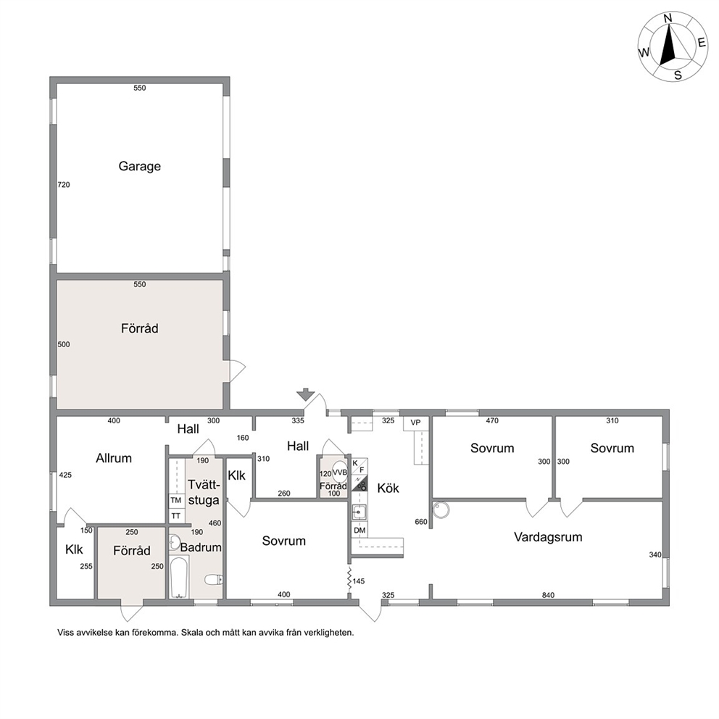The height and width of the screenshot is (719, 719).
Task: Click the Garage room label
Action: tap(139, 166)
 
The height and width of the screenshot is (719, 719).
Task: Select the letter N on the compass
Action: tap(668, 31)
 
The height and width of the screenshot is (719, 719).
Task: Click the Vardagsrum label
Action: tap(548, 537)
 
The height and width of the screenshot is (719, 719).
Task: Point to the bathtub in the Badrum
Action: tap(178, 577)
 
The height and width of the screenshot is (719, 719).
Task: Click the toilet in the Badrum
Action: tap(213, 580)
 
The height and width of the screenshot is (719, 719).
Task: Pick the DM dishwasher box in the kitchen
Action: tap(359, 530)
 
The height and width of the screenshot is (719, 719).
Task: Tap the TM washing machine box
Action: tap(175, 500)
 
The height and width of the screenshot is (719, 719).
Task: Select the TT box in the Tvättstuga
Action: tap(175, 516)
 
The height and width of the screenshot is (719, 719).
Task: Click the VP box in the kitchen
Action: tap(415, 423)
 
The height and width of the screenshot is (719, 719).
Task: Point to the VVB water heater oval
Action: tap(340, 473)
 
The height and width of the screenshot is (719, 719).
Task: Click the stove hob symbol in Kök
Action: tap(359, 483)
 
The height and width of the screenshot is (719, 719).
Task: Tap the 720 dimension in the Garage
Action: tap(64, 185)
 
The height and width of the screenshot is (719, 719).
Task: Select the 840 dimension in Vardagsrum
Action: tap(548, 595)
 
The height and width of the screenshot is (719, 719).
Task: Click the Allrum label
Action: tap(114, 458)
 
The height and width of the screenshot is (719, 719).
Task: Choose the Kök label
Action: tap(388, 489)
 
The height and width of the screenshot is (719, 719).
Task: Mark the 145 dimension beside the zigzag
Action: tap(359, 581)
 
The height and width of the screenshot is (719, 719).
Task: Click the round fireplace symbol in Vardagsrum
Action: tap(441, 510)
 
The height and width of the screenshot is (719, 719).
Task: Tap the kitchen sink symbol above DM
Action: tap(359, 512)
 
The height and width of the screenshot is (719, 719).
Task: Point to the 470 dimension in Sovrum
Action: tap(492, 420)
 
